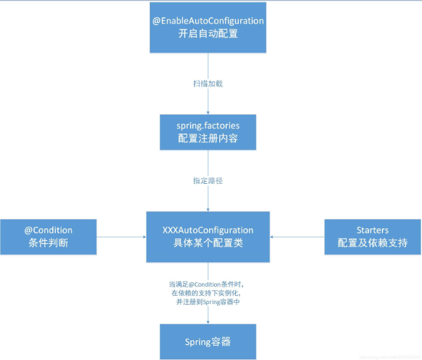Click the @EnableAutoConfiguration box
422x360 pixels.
208,27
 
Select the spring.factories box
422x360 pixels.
208,132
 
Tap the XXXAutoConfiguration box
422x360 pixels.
208,237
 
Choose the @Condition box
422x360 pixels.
49,237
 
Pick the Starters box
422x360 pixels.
372,237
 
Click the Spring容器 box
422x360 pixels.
208,342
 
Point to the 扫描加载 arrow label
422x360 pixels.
208,83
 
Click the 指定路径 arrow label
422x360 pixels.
208,181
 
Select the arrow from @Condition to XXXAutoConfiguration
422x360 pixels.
121,237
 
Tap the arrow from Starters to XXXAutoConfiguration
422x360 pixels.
297,237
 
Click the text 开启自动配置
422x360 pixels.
208,34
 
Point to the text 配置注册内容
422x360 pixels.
208,139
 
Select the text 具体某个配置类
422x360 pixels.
208,243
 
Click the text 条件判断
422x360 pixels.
49,243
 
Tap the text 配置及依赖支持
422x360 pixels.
372,243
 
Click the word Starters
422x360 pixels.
372,230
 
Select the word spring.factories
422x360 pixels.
208,126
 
